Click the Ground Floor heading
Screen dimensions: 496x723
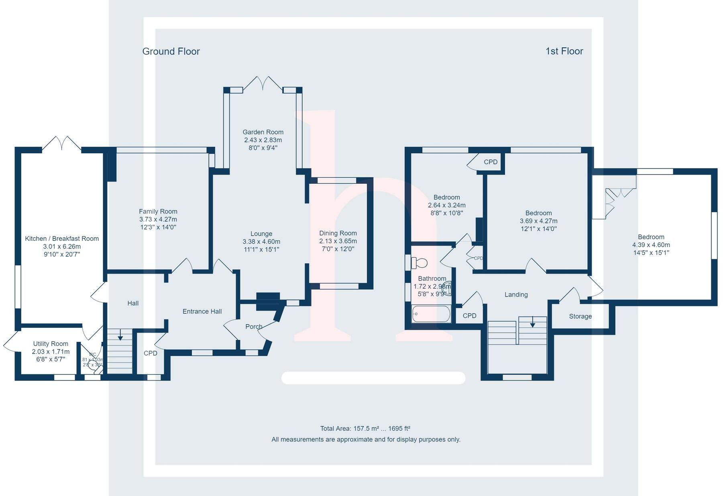click(x=171, y=51)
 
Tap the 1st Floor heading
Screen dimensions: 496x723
click(x=564, y=51)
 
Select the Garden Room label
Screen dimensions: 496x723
click(x=263, y=132)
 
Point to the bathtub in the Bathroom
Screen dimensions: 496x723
click(x=431, y=314)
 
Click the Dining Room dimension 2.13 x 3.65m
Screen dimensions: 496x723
click(x=338, y=241)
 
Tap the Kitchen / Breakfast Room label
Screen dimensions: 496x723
click(x=62, y=238)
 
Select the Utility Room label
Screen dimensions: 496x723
click(x=51, y=344)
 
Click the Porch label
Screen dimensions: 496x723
click(x=254, y=327)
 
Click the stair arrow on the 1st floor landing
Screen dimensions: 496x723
click(x=532, y=323)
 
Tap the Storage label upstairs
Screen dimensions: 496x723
click(x=580, y=316)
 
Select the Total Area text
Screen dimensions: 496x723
click(x=365, y=429)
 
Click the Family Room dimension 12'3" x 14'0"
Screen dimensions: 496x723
click(x=158, y=227)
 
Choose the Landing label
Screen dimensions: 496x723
click(x=516, y=295)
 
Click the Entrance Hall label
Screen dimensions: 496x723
click(x=202, y=311)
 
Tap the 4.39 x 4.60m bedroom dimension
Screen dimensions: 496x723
click(x=651, y=245)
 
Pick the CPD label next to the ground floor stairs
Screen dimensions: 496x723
click(x=151, y=353)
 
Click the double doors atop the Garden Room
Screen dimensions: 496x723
click(x=263, y=83)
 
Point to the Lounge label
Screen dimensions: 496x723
click(x=261, y=234)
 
